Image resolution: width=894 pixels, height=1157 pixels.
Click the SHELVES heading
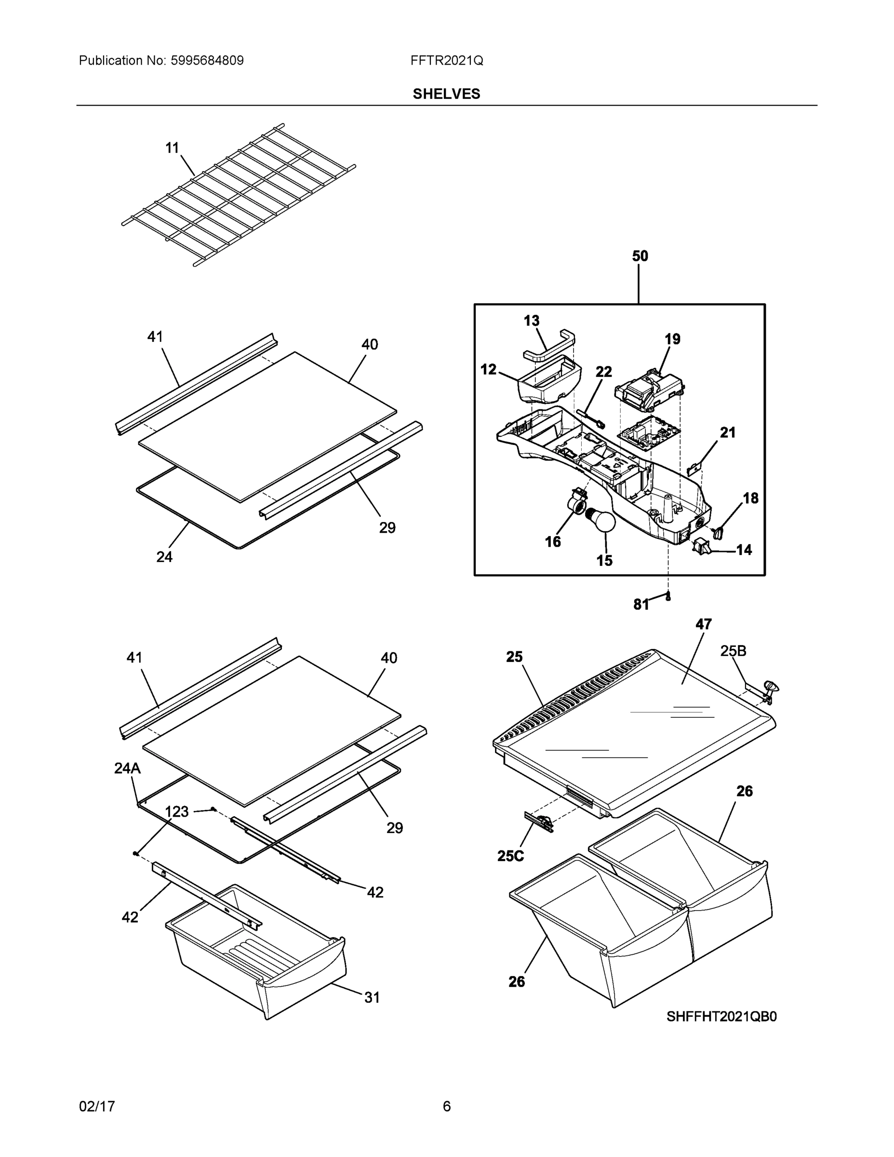(446, 94)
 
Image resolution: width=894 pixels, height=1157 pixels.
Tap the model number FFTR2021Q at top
(446, 61)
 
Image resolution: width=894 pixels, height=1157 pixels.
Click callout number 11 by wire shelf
(172, 148)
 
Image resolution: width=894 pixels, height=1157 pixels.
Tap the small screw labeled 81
(668, 596)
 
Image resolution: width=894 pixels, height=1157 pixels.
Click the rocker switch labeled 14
(701, 547)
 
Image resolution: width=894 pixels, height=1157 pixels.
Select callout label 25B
(733, 651)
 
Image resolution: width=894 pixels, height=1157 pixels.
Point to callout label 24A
(127, 768)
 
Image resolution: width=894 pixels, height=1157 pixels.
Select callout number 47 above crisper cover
(703, 624)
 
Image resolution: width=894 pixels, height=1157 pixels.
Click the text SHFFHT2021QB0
(721, 1017)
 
